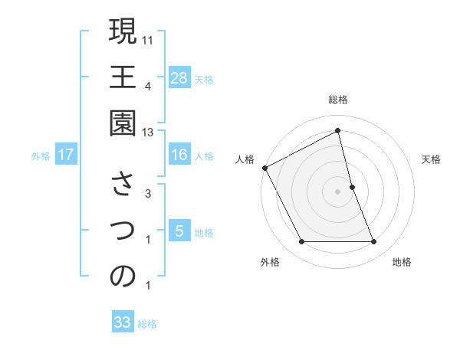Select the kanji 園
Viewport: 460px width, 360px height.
click(123, 124)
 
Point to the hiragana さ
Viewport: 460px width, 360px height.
click(123, 185)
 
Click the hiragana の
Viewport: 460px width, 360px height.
click(123, 277)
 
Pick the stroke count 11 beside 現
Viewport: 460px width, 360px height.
click(148, 39)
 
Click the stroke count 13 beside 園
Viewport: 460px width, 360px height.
click(148, 133)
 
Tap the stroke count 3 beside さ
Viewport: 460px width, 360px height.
click(148, 194)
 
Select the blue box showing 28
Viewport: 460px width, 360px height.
click(179, 77)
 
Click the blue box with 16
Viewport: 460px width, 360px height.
click(179, 155)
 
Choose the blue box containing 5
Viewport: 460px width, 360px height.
click(179, 231)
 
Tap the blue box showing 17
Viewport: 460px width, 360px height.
click(66, 155)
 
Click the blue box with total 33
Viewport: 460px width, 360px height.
click(123, 322)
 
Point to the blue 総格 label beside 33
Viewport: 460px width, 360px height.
click(147, 324)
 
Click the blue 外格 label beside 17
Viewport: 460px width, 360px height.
click(41, 156)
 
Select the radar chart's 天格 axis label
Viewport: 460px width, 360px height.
click(431, 159)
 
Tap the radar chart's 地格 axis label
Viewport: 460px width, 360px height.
click(402, 262)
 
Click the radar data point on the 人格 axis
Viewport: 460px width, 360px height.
click(264, 167)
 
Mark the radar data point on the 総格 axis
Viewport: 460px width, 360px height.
click(338, 130)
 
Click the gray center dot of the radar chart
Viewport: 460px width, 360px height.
click(338, 191)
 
